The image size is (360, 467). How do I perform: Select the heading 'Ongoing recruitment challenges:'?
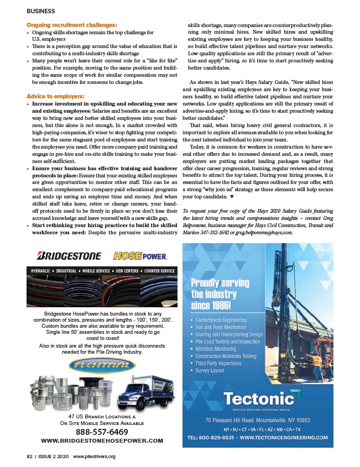tap(72, 25)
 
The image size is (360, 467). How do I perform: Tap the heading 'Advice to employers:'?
tap(55, 96)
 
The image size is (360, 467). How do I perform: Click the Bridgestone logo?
tap(69, 256)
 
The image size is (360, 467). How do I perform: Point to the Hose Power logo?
tap(140, 256)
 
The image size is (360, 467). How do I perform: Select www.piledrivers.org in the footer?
tap(94, 456)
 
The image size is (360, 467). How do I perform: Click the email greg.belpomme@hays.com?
tap(259, 232)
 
